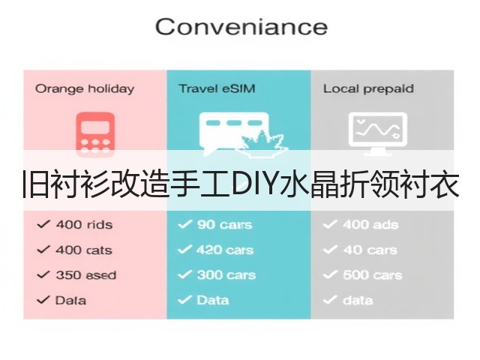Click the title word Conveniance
click(x=241, y=27)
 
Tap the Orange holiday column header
click(x=85, y=89)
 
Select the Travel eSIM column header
click(x=217, y=88)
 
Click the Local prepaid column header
click(x=368, y=89)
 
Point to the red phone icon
click(x=95, y=135)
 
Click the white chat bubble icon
click(x=234, y=134)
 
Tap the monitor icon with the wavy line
click(x=378, y=133)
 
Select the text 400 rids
click(x=84, y=225)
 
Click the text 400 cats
click(x=84, y=250)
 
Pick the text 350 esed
click(x=86, y=275)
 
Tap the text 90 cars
click(x=225, y=225)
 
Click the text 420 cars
click(x=225, y=250)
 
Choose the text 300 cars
click(x=226, y=275)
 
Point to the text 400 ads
click(x=370, y=225)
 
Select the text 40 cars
click(x=370, y=250)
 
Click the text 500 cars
click(x=372, y=275)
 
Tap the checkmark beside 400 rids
click(x=43, y=224)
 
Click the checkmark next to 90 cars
click(x=184, y=224)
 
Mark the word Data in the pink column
click(x=70, y=300)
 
